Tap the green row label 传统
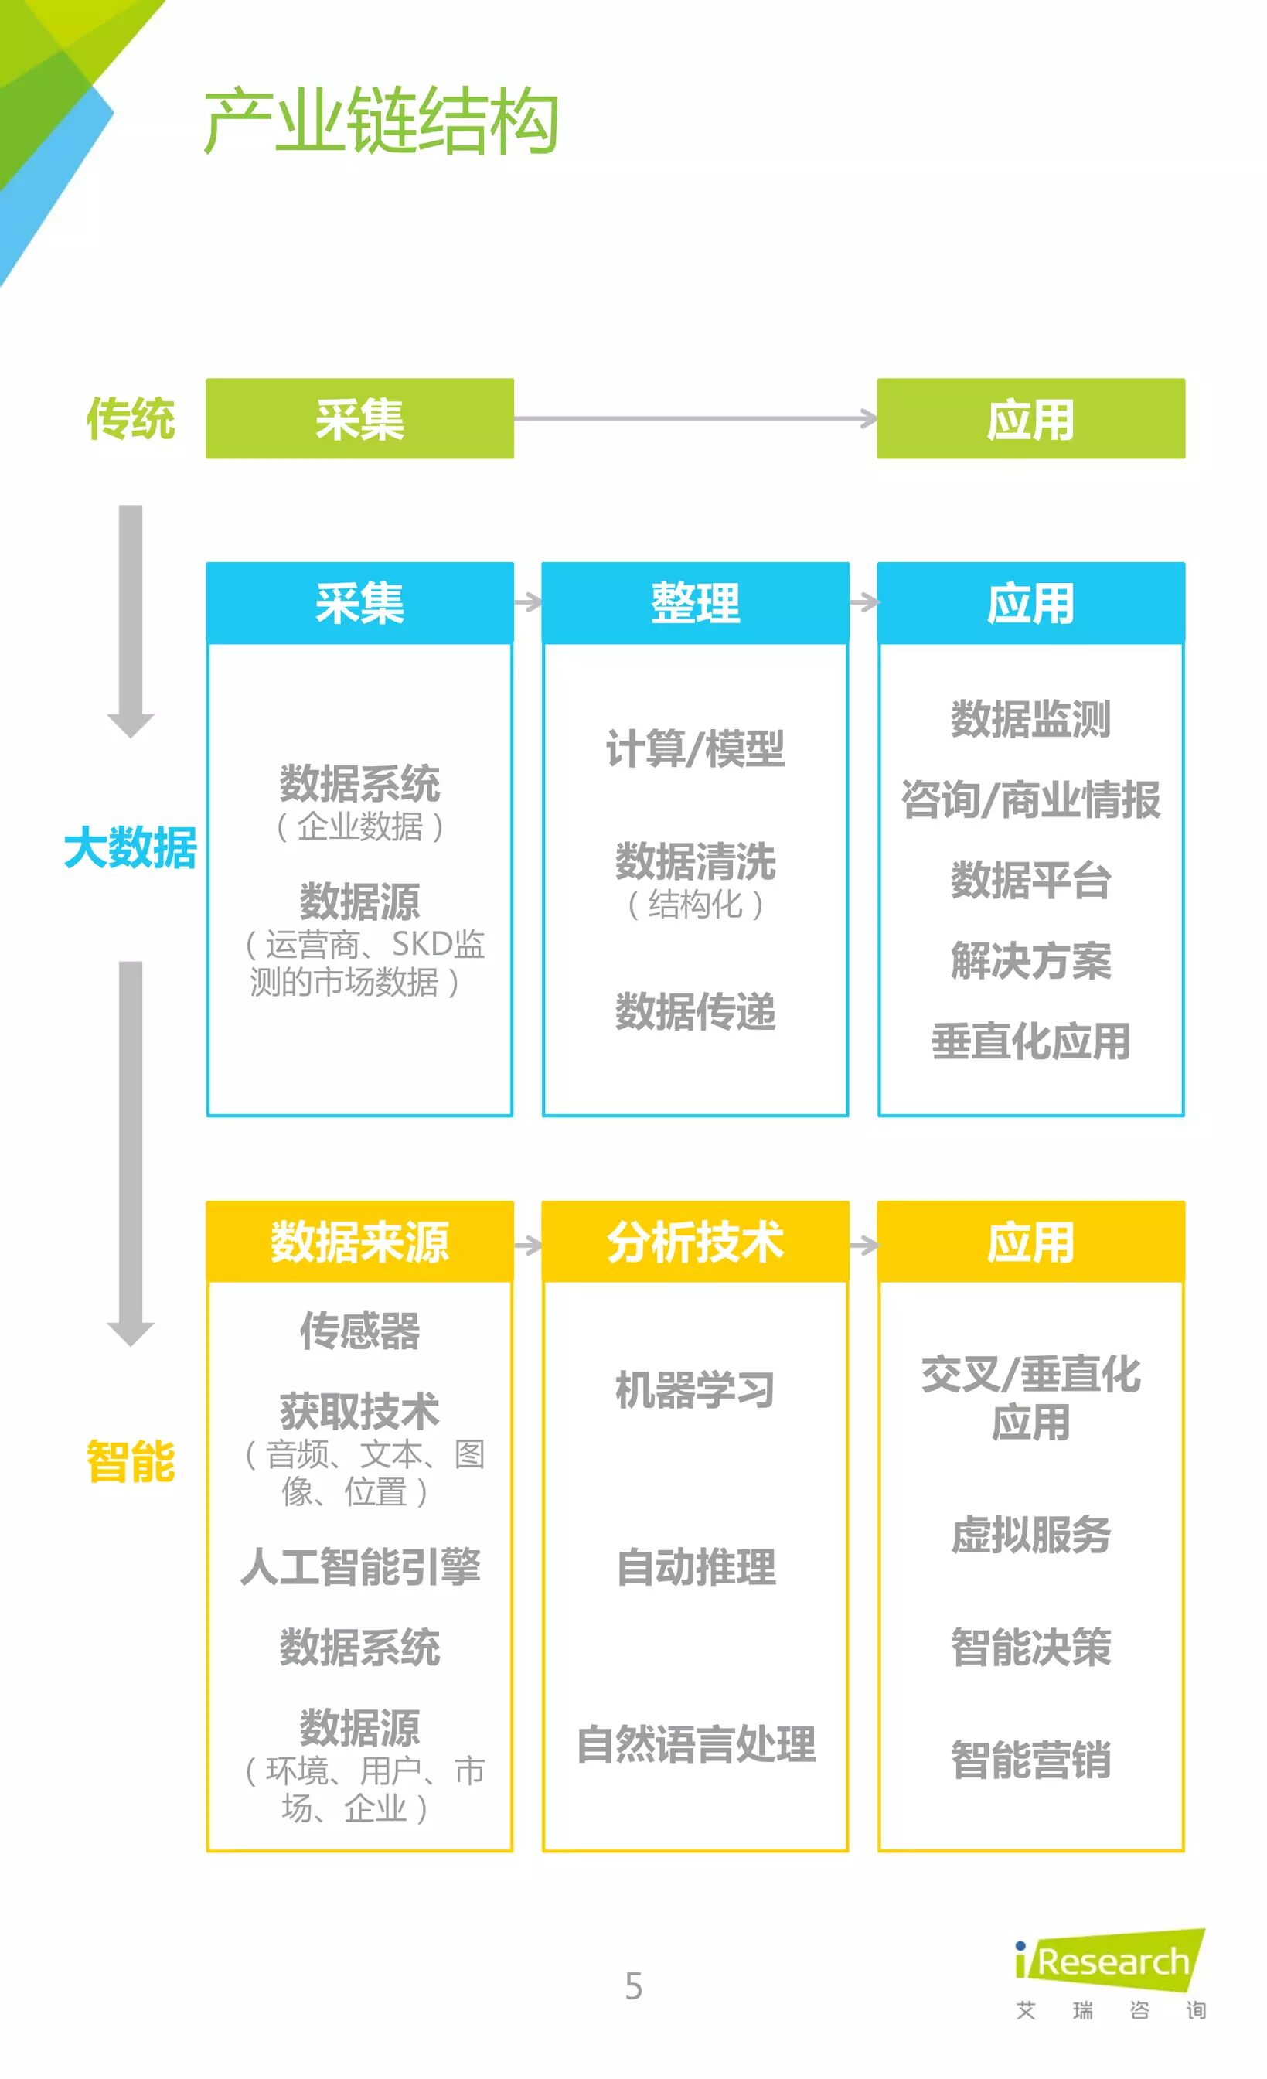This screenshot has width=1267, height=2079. (131, 418)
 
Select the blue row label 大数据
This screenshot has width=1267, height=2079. (131, 847)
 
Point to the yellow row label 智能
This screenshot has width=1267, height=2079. (131, 1461)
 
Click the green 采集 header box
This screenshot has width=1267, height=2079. (359, 418)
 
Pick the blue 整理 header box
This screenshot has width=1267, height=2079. (695, 602)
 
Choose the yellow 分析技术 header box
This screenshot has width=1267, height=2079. (695, 1242)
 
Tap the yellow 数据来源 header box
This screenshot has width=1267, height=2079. (359, 1242)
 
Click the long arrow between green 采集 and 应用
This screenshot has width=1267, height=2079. (695, 418)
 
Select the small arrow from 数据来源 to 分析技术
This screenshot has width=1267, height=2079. (528, 1246)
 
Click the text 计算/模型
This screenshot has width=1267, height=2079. (695, 748)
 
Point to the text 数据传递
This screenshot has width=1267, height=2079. (695, 1011)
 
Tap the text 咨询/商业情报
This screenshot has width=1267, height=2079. (1030, 799)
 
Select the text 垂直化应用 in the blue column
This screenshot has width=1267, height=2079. (1030, 1041)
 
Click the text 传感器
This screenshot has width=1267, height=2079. (359, 1331)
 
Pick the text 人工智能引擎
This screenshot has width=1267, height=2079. (359, 1567)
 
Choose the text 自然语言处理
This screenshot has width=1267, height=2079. (695, 1745)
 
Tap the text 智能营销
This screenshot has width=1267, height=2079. (1030, 1760)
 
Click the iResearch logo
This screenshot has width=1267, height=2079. (1110, 1971)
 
